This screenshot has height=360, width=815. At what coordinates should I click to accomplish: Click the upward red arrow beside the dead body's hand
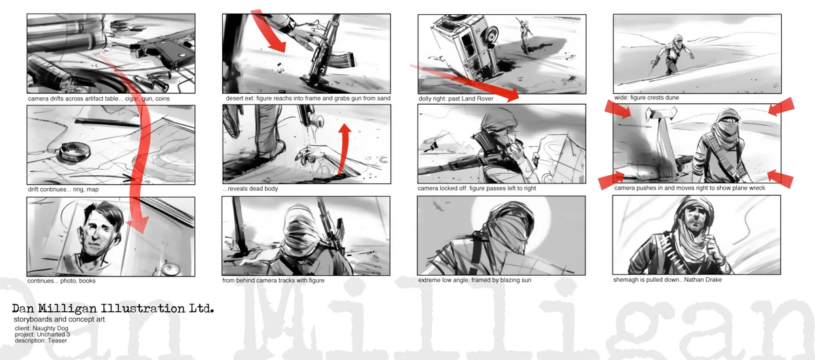[x=344, y=149]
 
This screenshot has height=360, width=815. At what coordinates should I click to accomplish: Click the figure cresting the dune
[x=673, y=55]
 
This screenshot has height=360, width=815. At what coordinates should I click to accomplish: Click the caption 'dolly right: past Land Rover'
[x=456, y=98]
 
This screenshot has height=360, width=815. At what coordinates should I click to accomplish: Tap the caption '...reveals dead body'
[x=251, y=189]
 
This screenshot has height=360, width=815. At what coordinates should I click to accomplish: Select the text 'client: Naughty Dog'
[x=41, y=328]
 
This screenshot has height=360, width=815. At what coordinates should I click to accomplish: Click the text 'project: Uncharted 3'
[x=42, y=334]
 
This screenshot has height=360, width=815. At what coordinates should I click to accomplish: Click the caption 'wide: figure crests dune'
[x=647, y=98]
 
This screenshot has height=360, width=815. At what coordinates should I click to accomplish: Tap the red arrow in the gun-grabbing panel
[x=268, y=31]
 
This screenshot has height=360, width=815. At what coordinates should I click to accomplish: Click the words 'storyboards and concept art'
[x=59, y=319]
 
